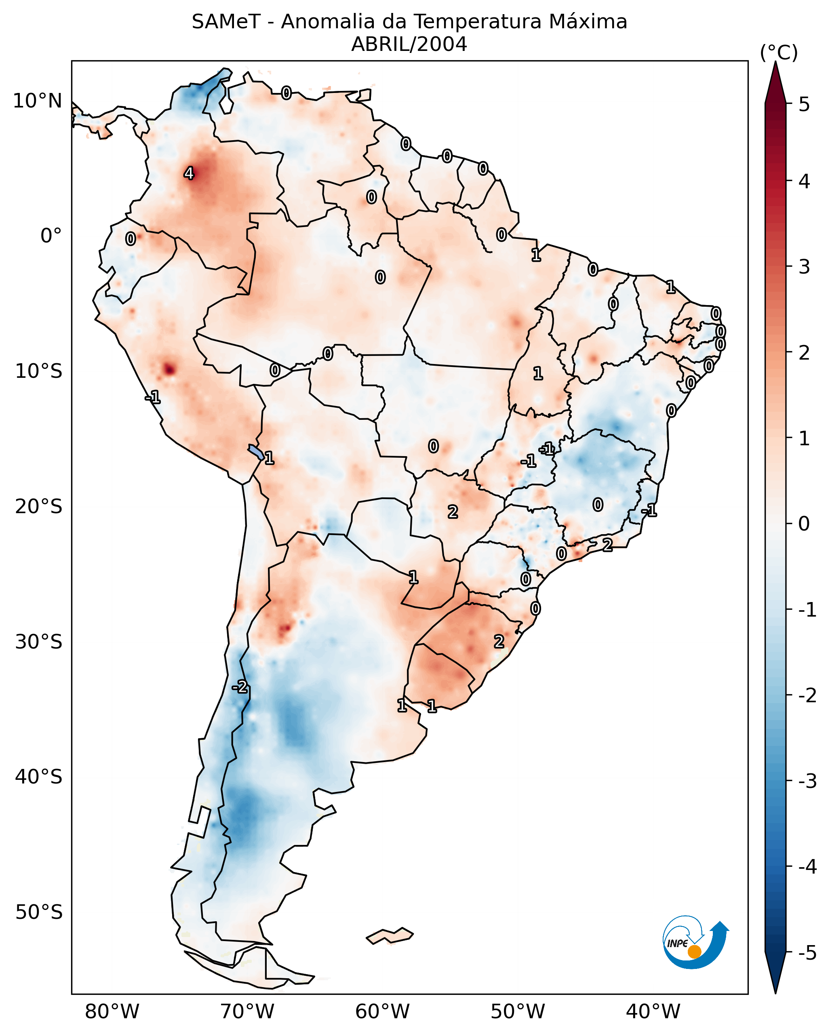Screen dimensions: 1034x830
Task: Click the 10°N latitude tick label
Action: tap(38, 101)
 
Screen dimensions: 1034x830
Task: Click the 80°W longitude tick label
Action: tap(112, 1011)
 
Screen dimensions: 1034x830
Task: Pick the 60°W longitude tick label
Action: tap(382, 1011)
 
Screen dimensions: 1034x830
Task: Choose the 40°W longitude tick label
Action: tap(653, 1011)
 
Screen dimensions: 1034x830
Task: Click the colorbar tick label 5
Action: tap(804, 104)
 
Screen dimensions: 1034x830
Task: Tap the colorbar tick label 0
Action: tap(804, 523)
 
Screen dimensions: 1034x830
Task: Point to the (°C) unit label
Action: tap(779, 53)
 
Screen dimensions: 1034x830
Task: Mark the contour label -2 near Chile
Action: tap(240, 687)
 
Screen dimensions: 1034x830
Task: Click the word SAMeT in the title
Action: tap(226, 22)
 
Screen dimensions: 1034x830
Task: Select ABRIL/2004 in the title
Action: tap(409, 44)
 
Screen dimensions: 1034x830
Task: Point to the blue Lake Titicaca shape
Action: tap(255, 451)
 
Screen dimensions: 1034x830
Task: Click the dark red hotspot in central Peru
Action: tap(169, 369)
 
